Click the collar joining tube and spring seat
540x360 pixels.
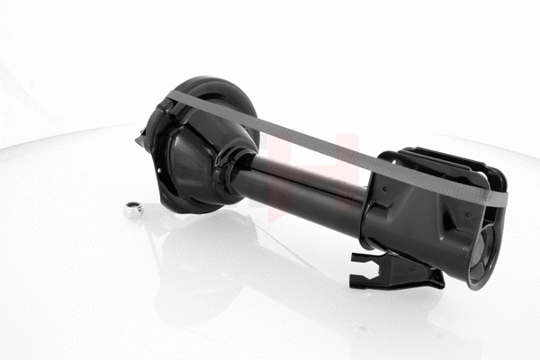coord(236,171)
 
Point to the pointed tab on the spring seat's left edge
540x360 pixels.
coord(141,139)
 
